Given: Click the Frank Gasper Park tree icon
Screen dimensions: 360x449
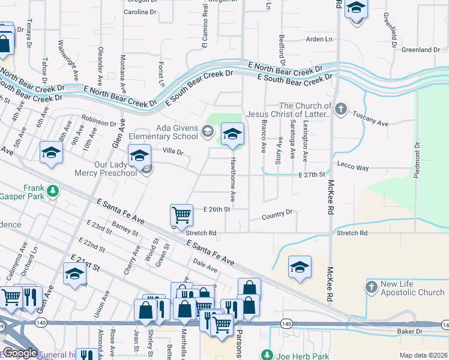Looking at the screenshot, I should pyautogui.click(x=53, y=191).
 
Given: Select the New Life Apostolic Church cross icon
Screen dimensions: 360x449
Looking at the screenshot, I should pyautogui.click(x=372, y=288).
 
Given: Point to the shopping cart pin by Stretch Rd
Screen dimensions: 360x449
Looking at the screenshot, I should pyautogui.click(x=181, y=215).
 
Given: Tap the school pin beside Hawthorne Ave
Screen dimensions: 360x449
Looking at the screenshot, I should pyautogui.click(x=232, y=135).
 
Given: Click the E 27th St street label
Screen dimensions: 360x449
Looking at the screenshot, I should pyautogui.click(x=312, y=174).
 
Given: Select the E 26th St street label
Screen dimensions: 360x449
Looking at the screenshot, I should pyautogui.click(x=217, y=209).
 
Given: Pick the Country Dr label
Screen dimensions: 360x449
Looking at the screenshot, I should pyautogui.click(x=277, y=213).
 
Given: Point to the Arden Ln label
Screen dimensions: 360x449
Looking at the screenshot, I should pyautogui.click(x=319, y=39).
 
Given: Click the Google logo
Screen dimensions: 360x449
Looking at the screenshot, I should pyautogui.click(x=19, y=353).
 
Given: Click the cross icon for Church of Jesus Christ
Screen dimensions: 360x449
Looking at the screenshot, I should pyautogui.click(x=341, y=109).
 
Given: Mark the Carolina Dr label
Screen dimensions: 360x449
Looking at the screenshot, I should pyautogui.click(x=140, y=11).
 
